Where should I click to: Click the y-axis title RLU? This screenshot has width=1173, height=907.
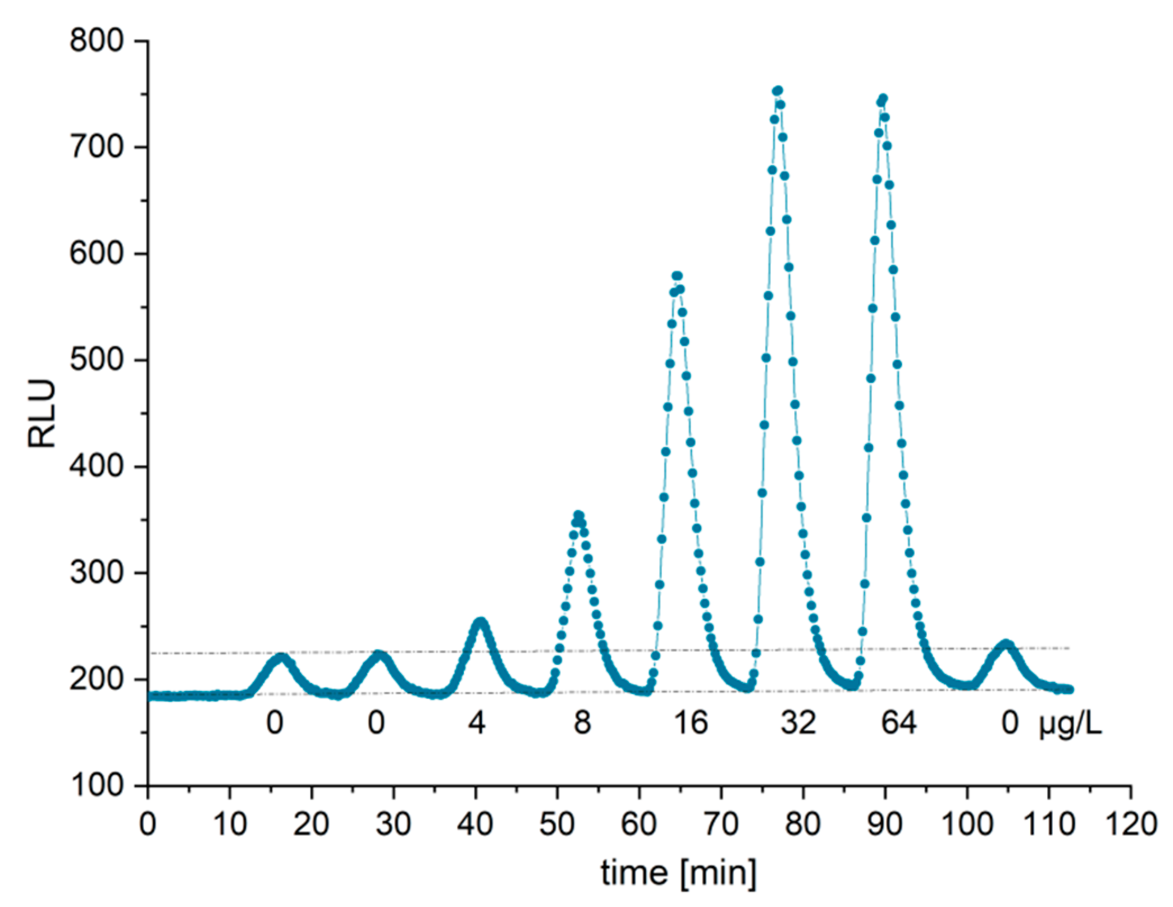42,414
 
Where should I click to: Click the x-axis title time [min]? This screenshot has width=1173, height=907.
678,873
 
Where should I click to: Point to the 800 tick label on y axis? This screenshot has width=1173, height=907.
96,41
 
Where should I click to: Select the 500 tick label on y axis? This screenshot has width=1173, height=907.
96,360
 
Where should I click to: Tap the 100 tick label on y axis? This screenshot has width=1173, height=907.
96,786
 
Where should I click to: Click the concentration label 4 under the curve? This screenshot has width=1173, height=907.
476,723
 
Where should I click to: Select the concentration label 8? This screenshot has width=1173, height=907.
582,723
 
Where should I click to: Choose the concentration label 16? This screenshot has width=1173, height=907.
690,723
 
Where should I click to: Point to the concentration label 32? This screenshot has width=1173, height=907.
797,723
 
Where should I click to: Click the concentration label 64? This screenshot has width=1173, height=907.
898,723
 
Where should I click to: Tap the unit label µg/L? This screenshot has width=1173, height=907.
1070,724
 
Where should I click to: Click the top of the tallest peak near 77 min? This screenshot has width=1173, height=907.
778,91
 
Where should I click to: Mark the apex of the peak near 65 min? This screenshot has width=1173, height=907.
677,276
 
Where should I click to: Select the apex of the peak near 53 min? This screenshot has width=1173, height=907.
578,515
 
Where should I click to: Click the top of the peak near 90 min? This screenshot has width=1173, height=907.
883,99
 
